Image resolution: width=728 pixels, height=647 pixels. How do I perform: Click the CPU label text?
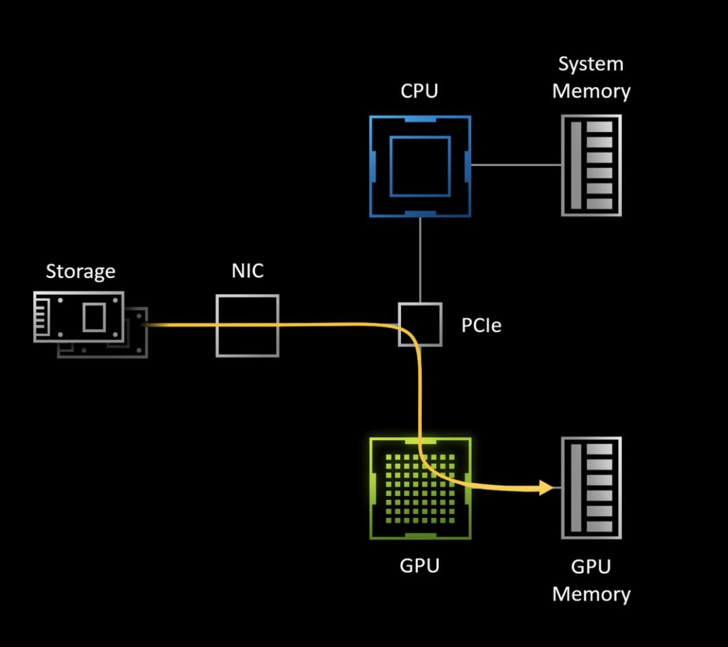pyautogui.click(x=419, y=90)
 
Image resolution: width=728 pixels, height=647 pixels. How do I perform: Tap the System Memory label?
pyautogui.click(x=591, y=78)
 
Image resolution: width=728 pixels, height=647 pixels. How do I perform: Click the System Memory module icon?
pyautogui.click(x=591, y=165)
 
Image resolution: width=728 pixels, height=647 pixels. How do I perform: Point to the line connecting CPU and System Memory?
pyautogui.click(x=516, y=165)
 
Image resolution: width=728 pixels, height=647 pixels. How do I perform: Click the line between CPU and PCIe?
pyautogui.click(x=420, y=260)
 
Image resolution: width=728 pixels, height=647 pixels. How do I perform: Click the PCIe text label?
pyautogui.click(x=481, y=326)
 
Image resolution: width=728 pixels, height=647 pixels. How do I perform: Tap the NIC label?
pyautogui.click(x=247, y=271)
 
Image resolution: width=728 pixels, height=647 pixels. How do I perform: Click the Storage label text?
pyautogui.click(x=80, y=271)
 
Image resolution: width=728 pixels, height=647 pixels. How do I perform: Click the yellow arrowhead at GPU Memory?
pyautogui.click(x=546, y=487)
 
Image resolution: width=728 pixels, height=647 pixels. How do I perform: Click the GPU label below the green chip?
pyautogui.click(x=419, y=565)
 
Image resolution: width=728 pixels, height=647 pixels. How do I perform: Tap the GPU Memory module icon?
pyautogui.click(x=591, y=488)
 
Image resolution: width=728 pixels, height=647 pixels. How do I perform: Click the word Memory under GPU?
pyautogui.click(x=591, y=594)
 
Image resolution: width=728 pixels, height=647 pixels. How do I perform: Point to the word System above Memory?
pyautogui.click(x=591, y=64)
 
